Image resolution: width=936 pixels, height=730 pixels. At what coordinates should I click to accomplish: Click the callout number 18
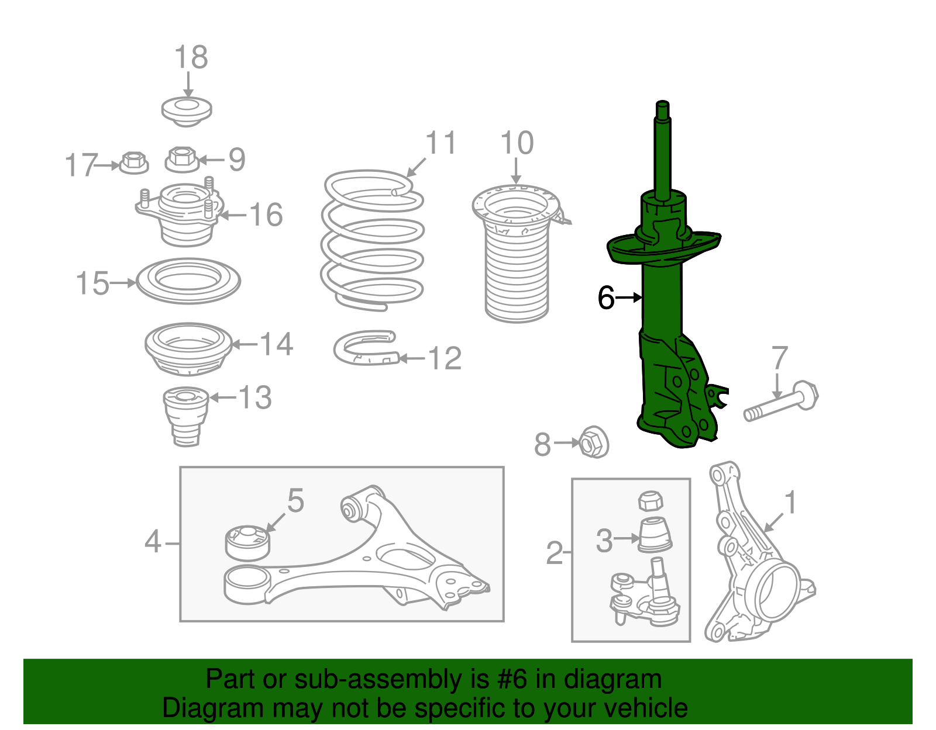click(x=191, y=58)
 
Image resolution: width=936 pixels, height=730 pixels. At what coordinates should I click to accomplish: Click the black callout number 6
click(x=606, y=297)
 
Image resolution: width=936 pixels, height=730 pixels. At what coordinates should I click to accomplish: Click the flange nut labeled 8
click(x=593, y=442)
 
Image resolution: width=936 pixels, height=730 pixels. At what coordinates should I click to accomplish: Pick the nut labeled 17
click(x=133, y=162)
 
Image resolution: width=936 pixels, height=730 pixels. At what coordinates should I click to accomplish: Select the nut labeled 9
click(x=182, y=159)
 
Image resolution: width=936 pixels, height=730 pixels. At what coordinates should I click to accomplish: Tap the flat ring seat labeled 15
click(x=188, y=281)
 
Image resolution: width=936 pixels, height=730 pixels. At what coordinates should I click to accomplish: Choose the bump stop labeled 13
click(x=186, y=415)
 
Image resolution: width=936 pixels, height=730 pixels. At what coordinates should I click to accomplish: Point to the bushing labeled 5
click(x=247, y=542)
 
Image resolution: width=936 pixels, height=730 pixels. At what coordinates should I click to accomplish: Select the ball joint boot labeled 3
click(x=655, y=534)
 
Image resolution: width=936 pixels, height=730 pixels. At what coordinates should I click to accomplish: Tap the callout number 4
click(x=153, y=542)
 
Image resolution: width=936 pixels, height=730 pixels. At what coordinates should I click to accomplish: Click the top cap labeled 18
click(x=187, y=111)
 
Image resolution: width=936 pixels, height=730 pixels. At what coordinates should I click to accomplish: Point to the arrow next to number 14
click(x=245, y=344)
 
